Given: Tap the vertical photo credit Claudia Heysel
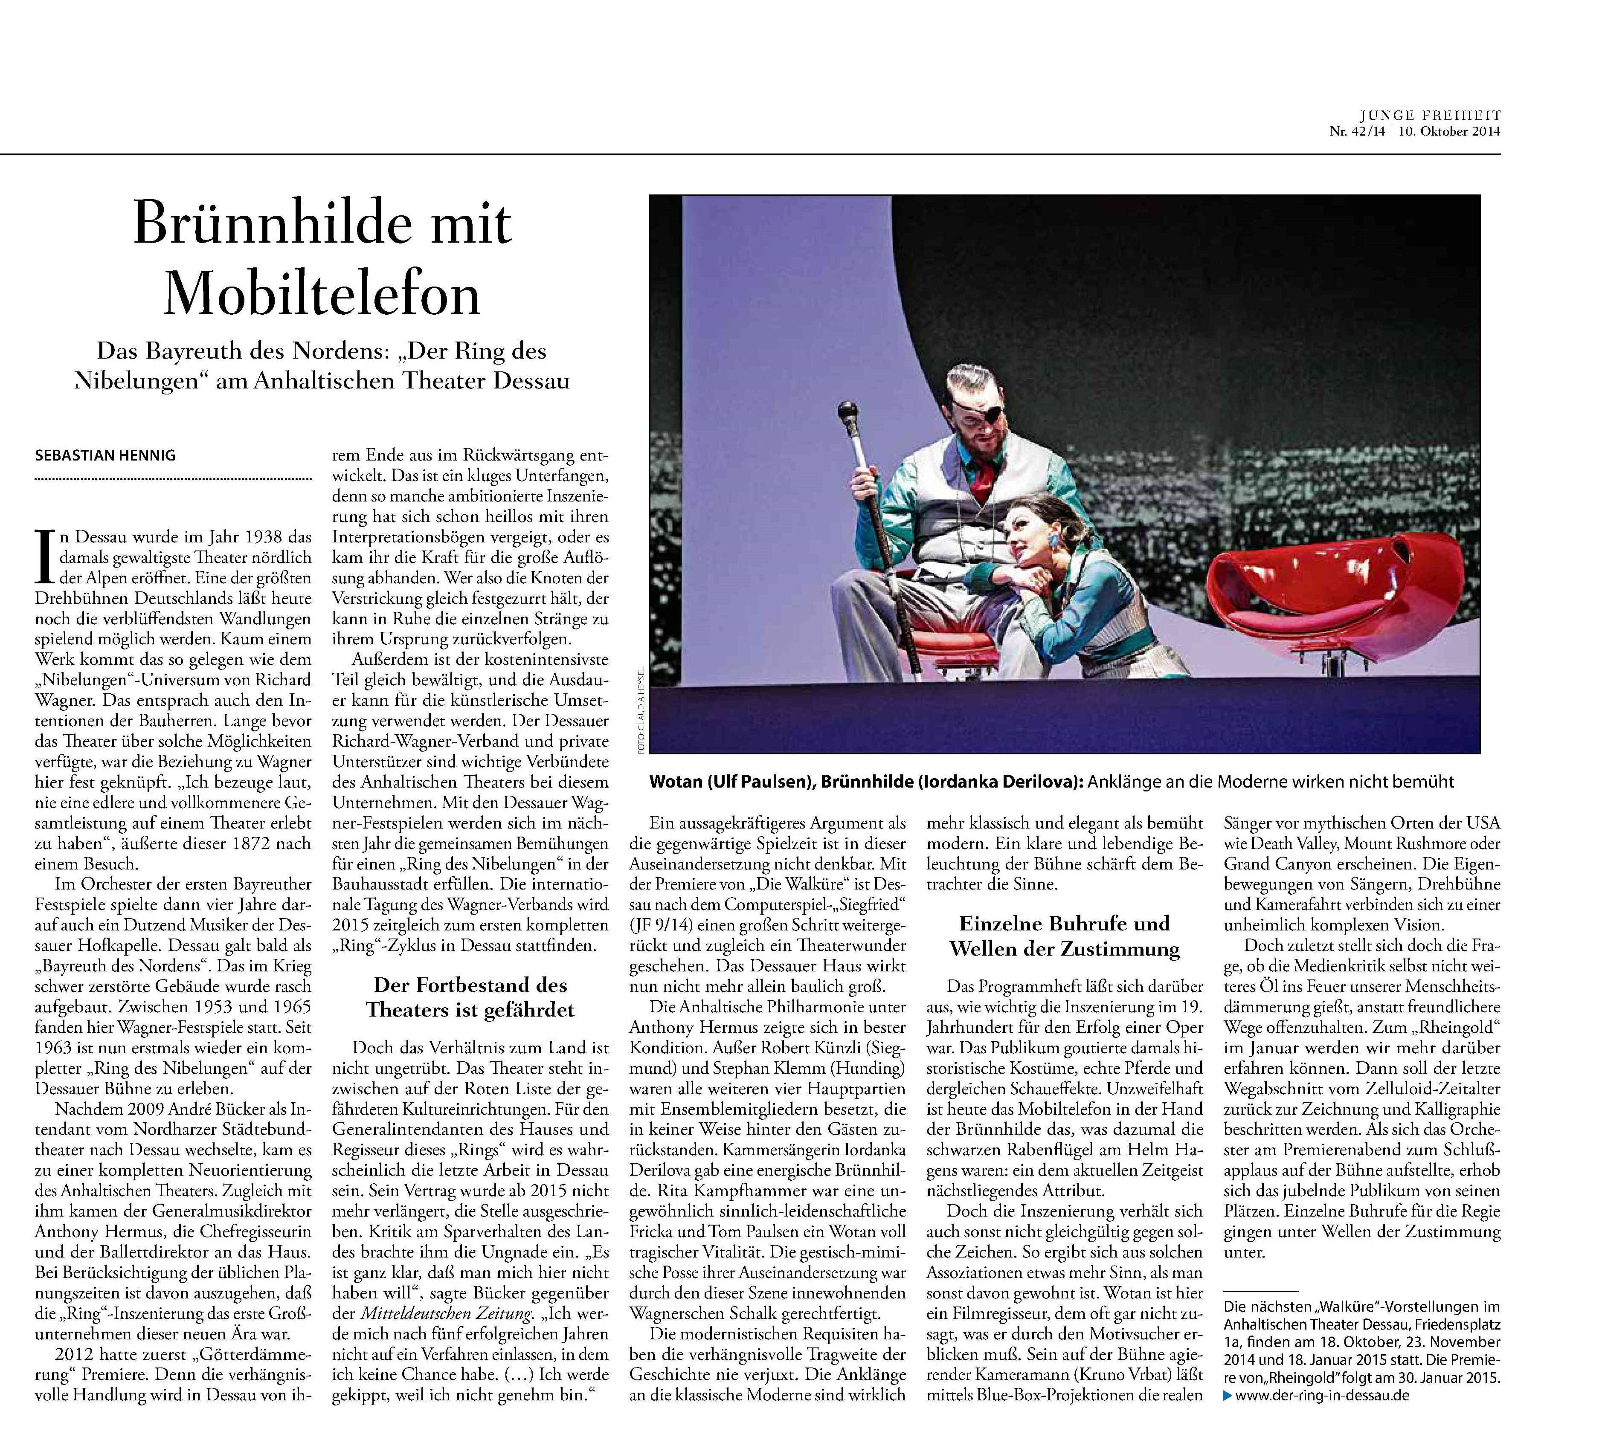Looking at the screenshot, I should tap(640, 709).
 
